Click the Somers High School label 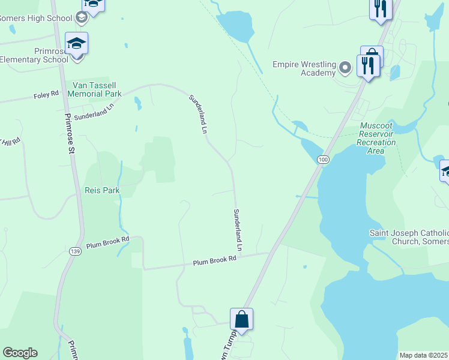pos(35,18)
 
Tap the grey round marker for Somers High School pos(81,18)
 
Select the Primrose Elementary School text pos(34,55)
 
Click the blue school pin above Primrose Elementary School pos(76,44)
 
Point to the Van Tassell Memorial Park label pos(94,89)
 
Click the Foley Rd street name pos(46,95)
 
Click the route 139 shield pos(75,250)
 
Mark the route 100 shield pos(324,160)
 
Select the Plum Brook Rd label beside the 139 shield pos(107,242)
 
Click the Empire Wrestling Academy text pos(303,68)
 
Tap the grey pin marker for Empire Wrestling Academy pos(345,67)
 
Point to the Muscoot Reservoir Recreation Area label pos(376,138)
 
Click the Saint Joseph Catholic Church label pos(408,237)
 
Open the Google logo pos(20,353)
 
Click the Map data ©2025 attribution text pos(424,355)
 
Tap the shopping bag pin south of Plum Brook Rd pos(241,319)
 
